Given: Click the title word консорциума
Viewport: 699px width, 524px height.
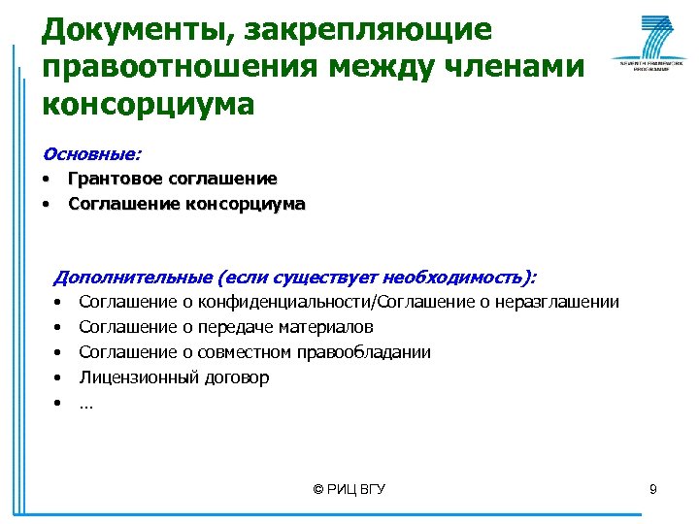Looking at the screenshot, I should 148,103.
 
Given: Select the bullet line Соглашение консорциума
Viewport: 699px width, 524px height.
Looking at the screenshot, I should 186,205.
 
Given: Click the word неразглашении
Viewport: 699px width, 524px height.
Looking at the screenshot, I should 563,302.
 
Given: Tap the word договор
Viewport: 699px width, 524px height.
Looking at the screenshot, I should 238,377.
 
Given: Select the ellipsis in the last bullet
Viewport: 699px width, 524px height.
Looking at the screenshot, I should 86,403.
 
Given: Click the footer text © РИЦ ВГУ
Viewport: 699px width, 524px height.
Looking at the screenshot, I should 349,489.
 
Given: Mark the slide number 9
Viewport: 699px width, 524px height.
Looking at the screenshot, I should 653,489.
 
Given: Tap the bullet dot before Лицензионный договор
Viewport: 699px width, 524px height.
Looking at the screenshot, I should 59,377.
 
